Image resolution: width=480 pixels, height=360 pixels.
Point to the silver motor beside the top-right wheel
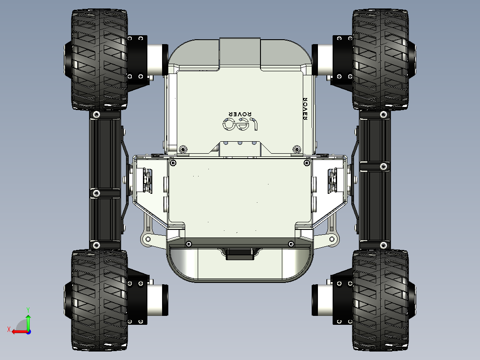[322, 59]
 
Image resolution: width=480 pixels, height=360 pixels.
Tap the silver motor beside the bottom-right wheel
[322, 299]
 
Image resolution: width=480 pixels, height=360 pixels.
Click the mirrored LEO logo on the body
[240, 124]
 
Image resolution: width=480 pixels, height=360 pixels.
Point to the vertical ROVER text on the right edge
[305, 109]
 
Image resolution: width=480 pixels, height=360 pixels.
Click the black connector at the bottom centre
[240, 254]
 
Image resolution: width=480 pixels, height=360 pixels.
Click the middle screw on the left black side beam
[96, 193]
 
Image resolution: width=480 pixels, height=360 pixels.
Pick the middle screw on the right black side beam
[382, 166]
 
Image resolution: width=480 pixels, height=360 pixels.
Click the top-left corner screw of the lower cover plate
[173, 163]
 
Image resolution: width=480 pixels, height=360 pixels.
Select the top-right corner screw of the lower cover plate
[306, 163]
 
